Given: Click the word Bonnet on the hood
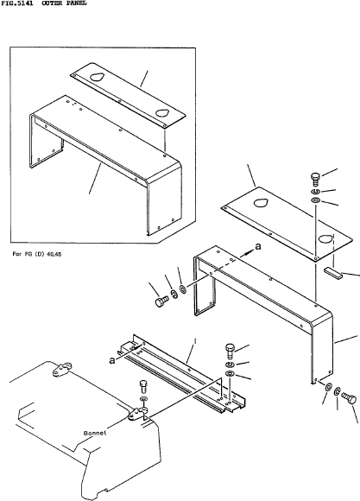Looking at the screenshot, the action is click(95, 434).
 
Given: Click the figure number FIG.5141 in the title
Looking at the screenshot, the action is click(16, 3).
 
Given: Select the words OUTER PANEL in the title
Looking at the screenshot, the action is click(64, 3).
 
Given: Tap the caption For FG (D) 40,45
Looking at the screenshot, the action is click(37, 254).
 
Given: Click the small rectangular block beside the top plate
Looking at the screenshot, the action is click(333, 273).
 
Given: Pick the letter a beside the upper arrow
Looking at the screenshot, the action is click(258, 246).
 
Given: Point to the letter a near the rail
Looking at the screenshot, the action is click(112, 360).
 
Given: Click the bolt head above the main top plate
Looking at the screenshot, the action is click(315, 178).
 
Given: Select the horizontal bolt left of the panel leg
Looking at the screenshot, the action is click(162, 301).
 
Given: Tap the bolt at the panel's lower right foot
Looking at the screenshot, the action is click(349, 398).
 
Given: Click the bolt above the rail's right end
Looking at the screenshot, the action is click(231, 352).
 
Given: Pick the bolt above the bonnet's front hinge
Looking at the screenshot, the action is click(143, 387).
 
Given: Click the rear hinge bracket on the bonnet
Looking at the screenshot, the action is click(61, 370).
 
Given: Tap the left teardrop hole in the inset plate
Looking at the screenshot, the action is click(96, 77).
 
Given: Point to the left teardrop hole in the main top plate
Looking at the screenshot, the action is click(261, 203).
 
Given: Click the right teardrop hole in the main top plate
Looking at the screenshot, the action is click(325, 238).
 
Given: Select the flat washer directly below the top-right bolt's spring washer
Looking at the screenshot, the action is click(316, 200).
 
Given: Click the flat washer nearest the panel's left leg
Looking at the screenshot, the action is click(183, 289).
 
